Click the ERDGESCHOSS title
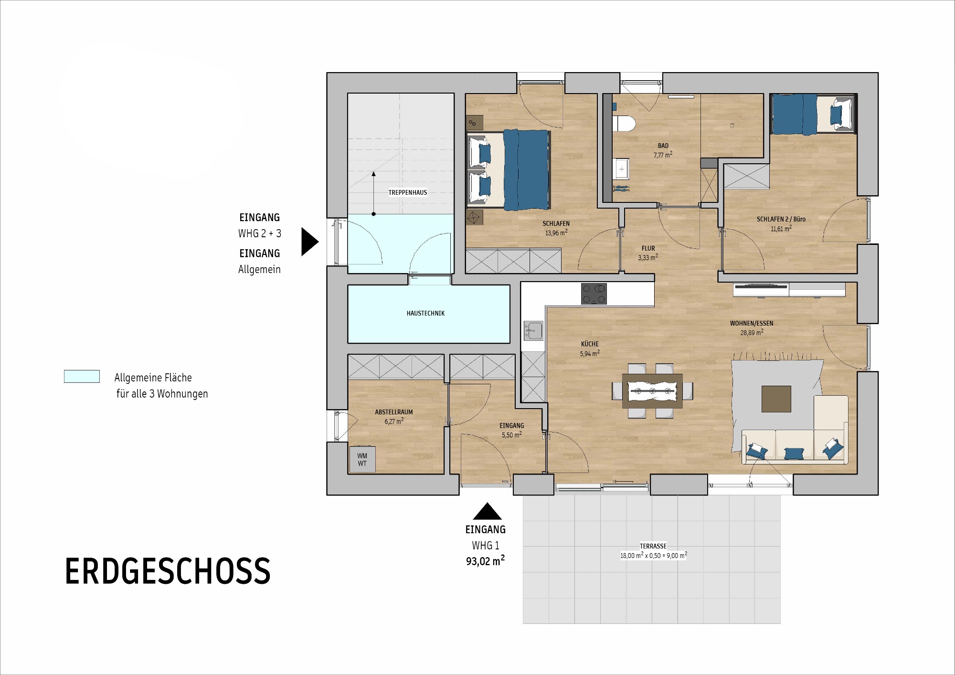[x=168, y=571]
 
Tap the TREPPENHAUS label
[x=408, y=193]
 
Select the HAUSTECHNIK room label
[x=425, y=314]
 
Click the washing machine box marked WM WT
[x=362, y=460]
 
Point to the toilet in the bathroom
[x=624, y=123]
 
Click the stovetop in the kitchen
[x=594, y=294]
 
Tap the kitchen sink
[x=533, y=330]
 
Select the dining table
[x=652, y=391]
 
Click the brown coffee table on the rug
[x=776, y=399]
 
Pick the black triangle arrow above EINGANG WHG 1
[x=487, y=511]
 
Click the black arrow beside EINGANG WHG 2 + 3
[x=309, y=242]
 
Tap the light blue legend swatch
[x=82, y=377]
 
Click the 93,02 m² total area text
[x=485, y=561]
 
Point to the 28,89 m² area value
[x=752, y=332]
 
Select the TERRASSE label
[x=653, y=546]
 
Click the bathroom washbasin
[x=621, y=169]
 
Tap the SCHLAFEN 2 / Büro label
[x=781, y=219]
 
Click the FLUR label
[x=648, y=248]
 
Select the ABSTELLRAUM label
[x=394, y=412]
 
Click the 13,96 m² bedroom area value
[x=556, y=232]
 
